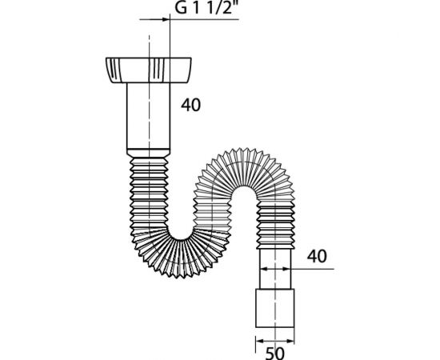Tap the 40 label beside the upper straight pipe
tap(191, 106)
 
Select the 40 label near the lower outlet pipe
tap(317, 256)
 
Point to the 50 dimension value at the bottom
tap(274, 354)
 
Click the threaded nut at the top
tap(149, 70)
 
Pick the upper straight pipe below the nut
tap(149, 116)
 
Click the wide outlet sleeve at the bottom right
tap(275, 308)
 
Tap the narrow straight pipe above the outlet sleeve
tap(275, 269)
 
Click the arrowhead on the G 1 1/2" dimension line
tap(166, 19)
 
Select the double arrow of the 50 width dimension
tap(275, 342)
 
